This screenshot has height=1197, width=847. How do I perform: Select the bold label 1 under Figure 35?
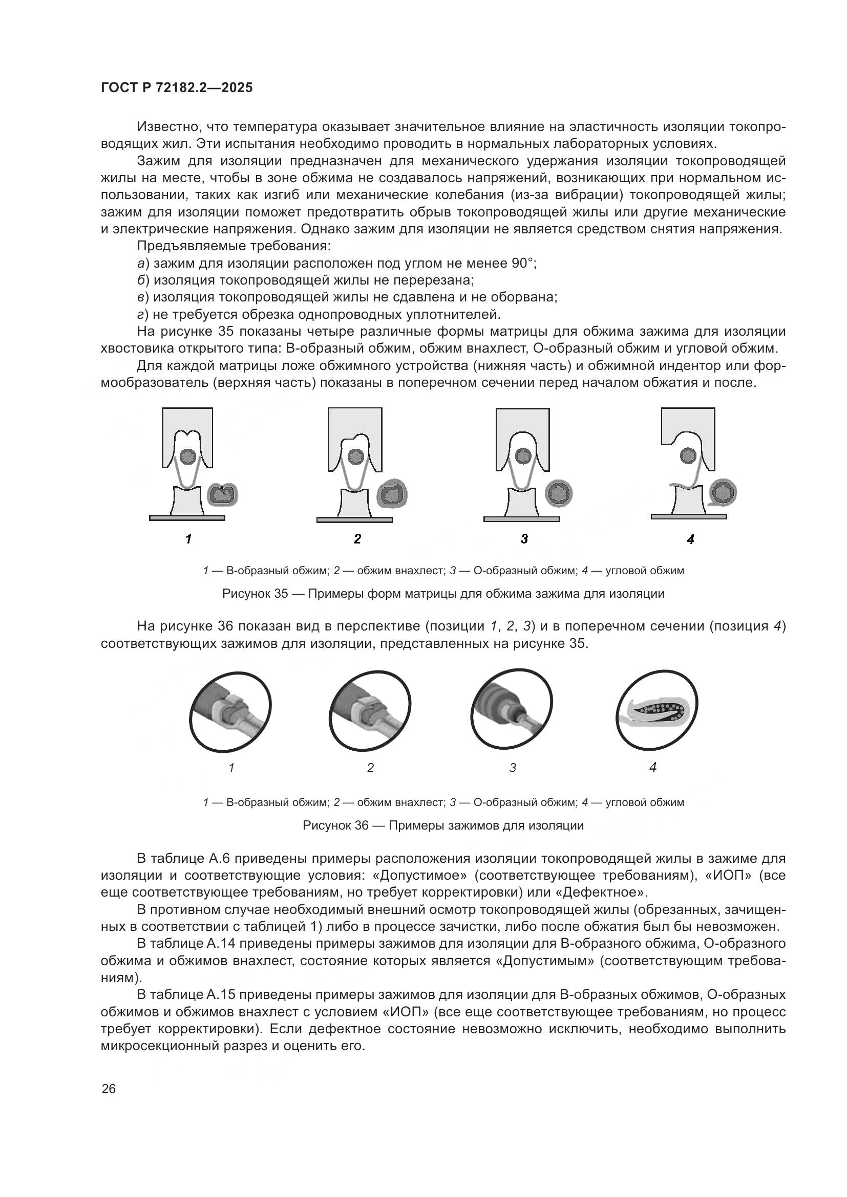click(x=188, y=539)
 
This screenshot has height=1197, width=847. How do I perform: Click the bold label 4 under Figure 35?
click(x=690, y=539)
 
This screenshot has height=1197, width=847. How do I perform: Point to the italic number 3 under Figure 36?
click(x=513, y=768)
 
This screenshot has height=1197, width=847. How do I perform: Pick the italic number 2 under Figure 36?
click(x=370, y=768)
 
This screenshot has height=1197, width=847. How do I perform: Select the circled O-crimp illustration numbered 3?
click(x=512, y=709)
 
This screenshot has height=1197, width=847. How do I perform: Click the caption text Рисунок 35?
click(x=255, y=593)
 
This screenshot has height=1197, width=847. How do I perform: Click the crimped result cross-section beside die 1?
click(x=223, y=493)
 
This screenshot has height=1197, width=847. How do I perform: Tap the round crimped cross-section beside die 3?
click(x=559, y=493)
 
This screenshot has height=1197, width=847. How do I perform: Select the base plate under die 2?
click(x=354, y=519)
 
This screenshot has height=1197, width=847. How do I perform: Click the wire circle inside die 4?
click(x=688, y=456)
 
